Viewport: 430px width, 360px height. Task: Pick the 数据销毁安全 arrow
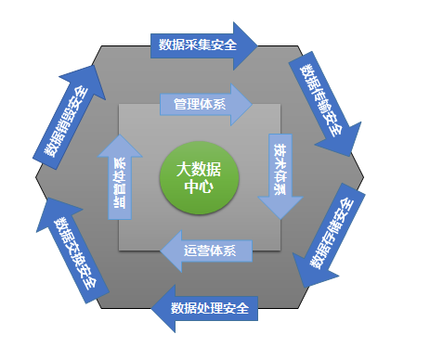point(71,121)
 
